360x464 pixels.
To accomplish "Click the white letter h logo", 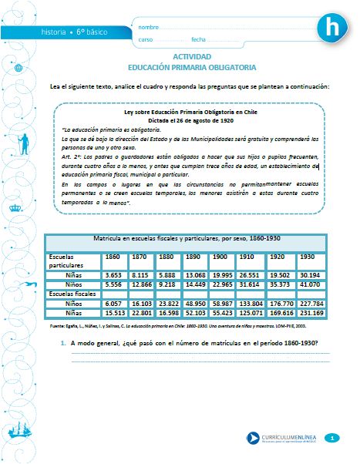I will tap(332, 28).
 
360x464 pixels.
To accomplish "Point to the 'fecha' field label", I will tap(198, 39).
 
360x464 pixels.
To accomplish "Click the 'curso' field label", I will tap(146, 39).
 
